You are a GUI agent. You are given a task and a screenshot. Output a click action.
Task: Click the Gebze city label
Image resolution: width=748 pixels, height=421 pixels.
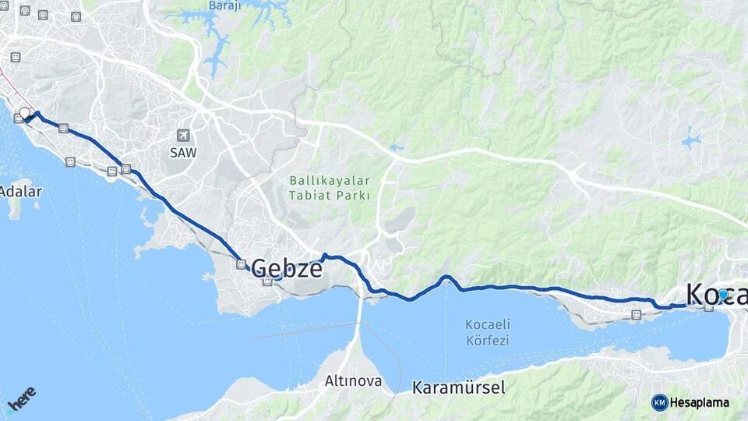pyautogui.click(x=287, y=268)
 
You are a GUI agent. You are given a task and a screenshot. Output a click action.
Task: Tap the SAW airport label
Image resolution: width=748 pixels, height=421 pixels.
pyautogui.click(x=183, y=153)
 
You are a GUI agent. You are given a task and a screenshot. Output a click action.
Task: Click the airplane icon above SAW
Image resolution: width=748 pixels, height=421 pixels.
pyautogui.click(x=183, y=136)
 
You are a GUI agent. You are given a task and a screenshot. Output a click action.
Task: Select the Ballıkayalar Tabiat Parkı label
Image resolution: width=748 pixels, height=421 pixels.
pyautogui.click(x=330, y=188)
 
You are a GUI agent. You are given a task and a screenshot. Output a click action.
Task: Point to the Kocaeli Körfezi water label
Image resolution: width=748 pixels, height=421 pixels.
pyautogui.click(x=487, y=332)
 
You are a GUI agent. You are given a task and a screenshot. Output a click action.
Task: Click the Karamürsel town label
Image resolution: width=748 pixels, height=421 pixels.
pyautogui.click(x=459, y=387)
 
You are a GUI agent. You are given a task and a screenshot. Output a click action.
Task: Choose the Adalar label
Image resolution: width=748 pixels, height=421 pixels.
pyautogui.click(x=21, y=191)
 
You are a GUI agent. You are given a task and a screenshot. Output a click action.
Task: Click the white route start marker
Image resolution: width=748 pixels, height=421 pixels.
pyautogui.click(x=24, y=113)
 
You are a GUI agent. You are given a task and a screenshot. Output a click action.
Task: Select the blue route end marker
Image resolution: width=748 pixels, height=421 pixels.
pyautogui.click(x=723, y=294)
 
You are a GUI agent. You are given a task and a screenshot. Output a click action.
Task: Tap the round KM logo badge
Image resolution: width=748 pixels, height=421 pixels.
pyautogui.click(x=659, y=402)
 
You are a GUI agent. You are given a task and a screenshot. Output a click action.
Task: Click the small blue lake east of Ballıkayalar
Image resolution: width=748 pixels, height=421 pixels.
pyautogui.click(x=690, y=141)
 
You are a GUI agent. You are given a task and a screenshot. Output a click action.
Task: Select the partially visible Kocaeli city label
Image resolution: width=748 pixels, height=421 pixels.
pyautogui.click(x=716, y=294)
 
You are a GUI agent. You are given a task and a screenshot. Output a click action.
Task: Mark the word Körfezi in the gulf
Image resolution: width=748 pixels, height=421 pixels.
pyautogui.click(x=487, y=340)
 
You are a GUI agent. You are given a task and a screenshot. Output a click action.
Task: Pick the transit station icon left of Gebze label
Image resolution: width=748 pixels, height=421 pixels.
pyautogui.click(x=242, y=264)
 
